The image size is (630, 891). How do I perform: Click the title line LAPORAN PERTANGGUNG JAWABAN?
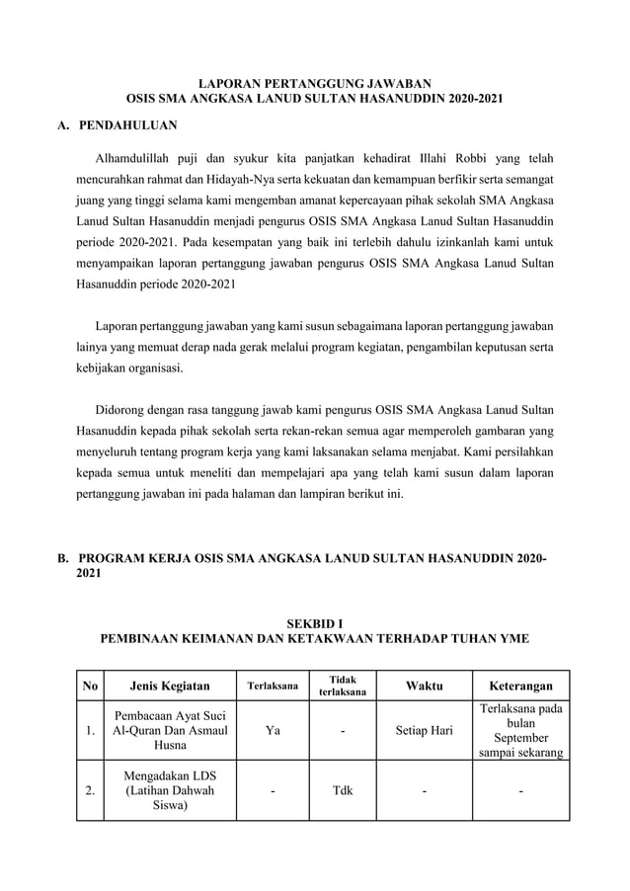(x=315, y=85)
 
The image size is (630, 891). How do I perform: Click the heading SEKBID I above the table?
(x=315, y=623)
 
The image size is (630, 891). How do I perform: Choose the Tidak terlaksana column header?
(x=342, y=686)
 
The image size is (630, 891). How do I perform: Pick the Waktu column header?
(x=424, y=686)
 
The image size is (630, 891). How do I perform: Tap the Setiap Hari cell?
(x=424, y=731)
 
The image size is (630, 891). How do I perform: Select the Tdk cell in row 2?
(x=342, y=790)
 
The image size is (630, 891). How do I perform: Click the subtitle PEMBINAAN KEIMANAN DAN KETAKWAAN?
(x=315, y=639)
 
